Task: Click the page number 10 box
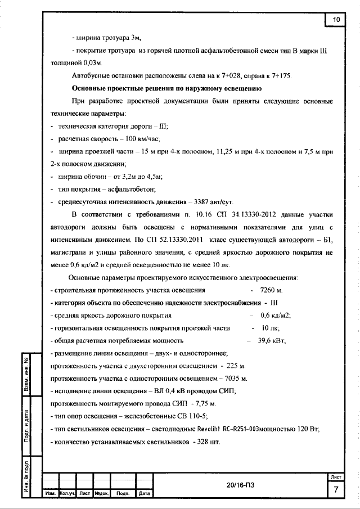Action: [x=336, y=20]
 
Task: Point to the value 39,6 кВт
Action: [x=272, y=340]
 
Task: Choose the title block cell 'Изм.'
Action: [x=51, y=494]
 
